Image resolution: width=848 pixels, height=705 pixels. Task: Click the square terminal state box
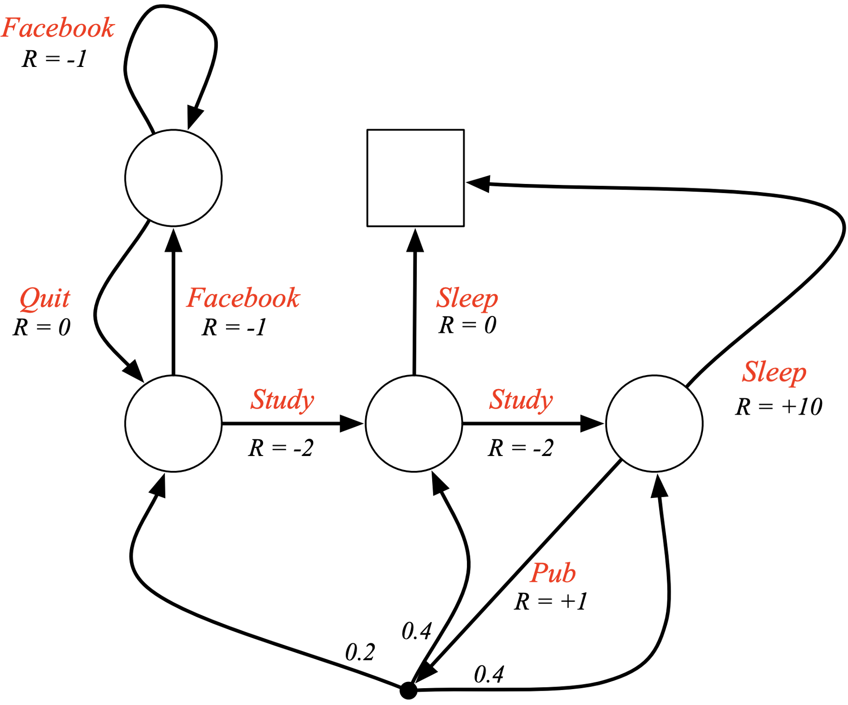click(415, 178)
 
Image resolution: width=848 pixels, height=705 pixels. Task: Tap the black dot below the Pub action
click(408, 691)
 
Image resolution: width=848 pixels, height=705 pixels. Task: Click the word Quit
click(45, 299)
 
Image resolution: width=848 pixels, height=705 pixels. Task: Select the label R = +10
click(779, 407)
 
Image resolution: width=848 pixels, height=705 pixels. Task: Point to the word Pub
click(553, 573)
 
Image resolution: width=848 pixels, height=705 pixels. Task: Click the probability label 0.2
click(360, 653)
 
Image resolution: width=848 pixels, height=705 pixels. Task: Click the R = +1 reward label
click(551, 601)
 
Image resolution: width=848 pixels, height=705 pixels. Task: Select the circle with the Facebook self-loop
click(173, 178)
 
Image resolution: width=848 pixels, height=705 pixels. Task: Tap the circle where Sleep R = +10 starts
click(654, 424)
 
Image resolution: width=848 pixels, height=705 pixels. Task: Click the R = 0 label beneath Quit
click(42, 327)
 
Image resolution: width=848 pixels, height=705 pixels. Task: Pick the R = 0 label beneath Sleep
click(467, 325)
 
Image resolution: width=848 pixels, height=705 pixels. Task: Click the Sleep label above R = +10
click(774, 372)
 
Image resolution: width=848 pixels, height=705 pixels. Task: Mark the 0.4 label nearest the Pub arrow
click(417, 631)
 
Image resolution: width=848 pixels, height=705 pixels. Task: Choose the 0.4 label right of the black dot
click(489, 674)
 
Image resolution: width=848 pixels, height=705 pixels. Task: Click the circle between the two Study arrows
click(414, 424)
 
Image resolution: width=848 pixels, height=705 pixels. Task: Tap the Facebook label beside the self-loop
click(58, 28)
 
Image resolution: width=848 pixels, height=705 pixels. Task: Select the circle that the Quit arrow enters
click(173, 424)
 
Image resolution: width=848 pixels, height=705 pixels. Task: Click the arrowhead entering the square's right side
click(478, 183)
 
